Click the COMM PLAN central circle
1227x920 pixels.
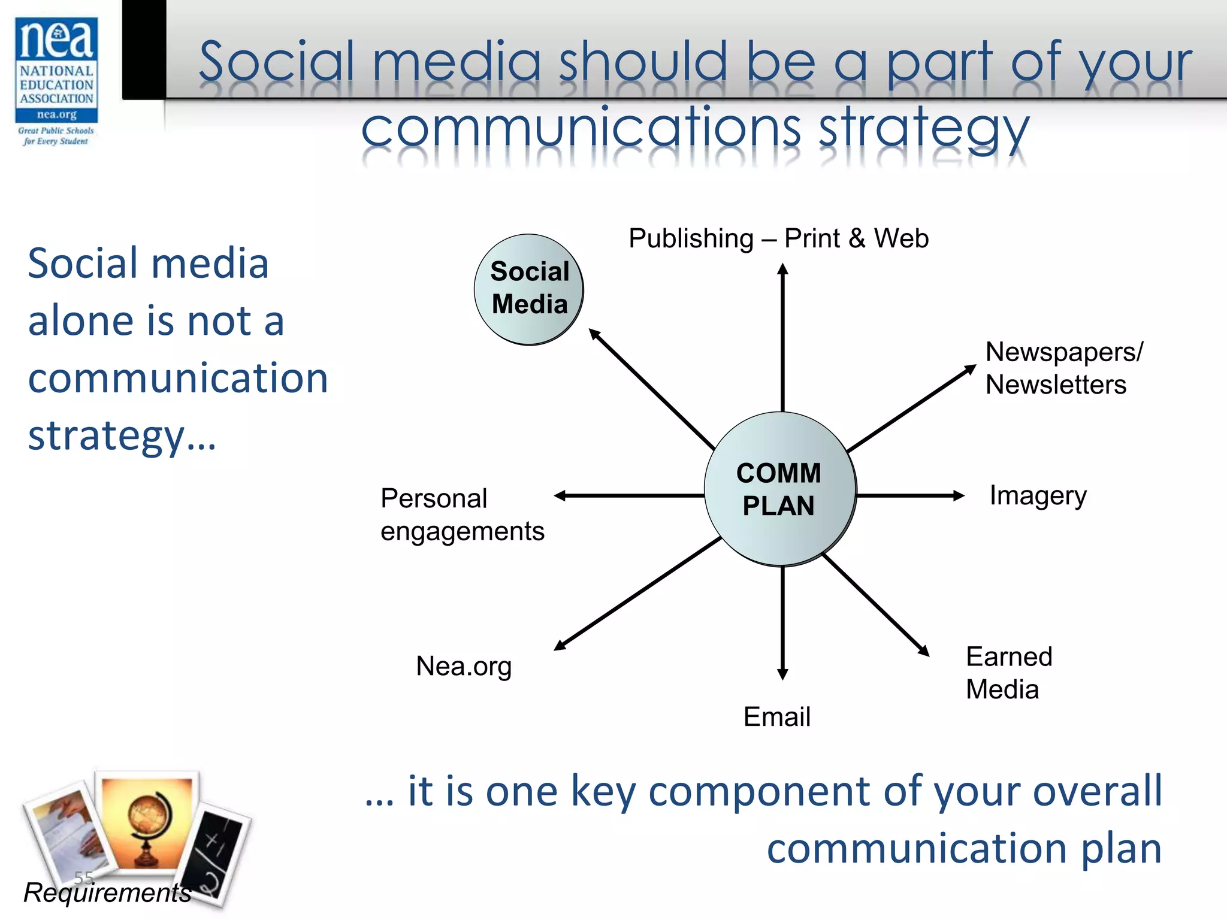click(779, 489)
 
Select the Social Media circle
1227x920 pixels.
click(528, 289)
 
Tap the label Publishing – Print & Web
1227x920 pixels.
click(778, 238)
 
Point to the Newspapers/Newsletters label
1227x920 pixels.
click(1063, 368)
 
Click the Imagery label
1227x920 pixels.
click(1038, 496)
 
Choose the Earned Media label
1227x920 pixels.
click(1009, 673)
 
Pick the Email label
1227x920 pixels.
click(776, 716)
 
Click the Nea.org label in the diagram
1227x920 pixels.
click(464, 666)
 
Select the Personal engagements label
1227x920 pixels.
click(462, 515)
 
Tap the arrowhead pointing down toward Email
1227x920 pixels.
click(782, 673)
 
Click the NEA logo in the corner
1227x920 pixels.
click(56, 81)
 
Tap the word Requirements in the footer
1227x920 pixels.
click(107, 892)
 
